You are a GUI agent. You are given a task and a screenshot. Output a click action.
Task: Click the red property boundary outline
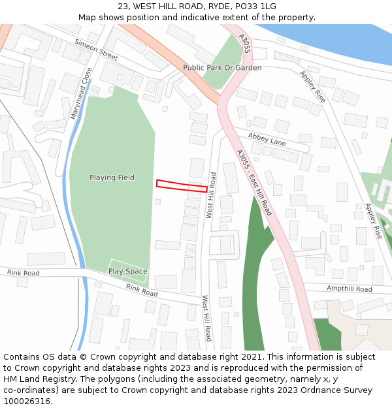[x=182, y=185]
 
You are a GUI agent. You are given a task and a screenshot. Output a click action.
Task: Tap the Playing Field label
[x=112, y=178]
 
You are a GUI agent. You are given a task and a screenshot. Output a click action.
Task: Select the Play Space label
[x=127, y=272]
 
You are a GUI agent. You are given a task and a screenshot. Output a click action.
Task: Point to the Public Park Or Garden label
[x=222, y=68]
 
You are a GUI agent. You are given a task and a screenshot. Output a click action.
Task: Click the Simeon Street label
[x=96, y=50]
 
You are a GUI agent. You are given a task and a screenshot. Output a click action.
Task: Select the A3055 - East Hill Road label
[x=254, y=182]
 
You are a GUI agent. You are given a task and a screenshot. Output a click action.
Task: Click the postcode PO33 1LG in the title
[x=255, y=7]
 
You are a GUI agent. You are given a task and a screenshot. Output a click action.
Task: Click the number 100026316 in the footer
[x=27, y=401]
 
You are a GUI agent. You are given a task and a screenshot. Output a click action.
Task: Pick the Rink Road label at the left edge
[x=24, y=273]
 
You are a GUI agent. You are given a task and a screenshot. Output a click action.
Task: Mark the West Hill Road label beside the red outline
[x=210, y=195]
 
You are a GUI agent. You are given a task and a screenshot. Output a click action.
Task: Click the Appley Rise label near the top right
[x=312, y=86]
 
